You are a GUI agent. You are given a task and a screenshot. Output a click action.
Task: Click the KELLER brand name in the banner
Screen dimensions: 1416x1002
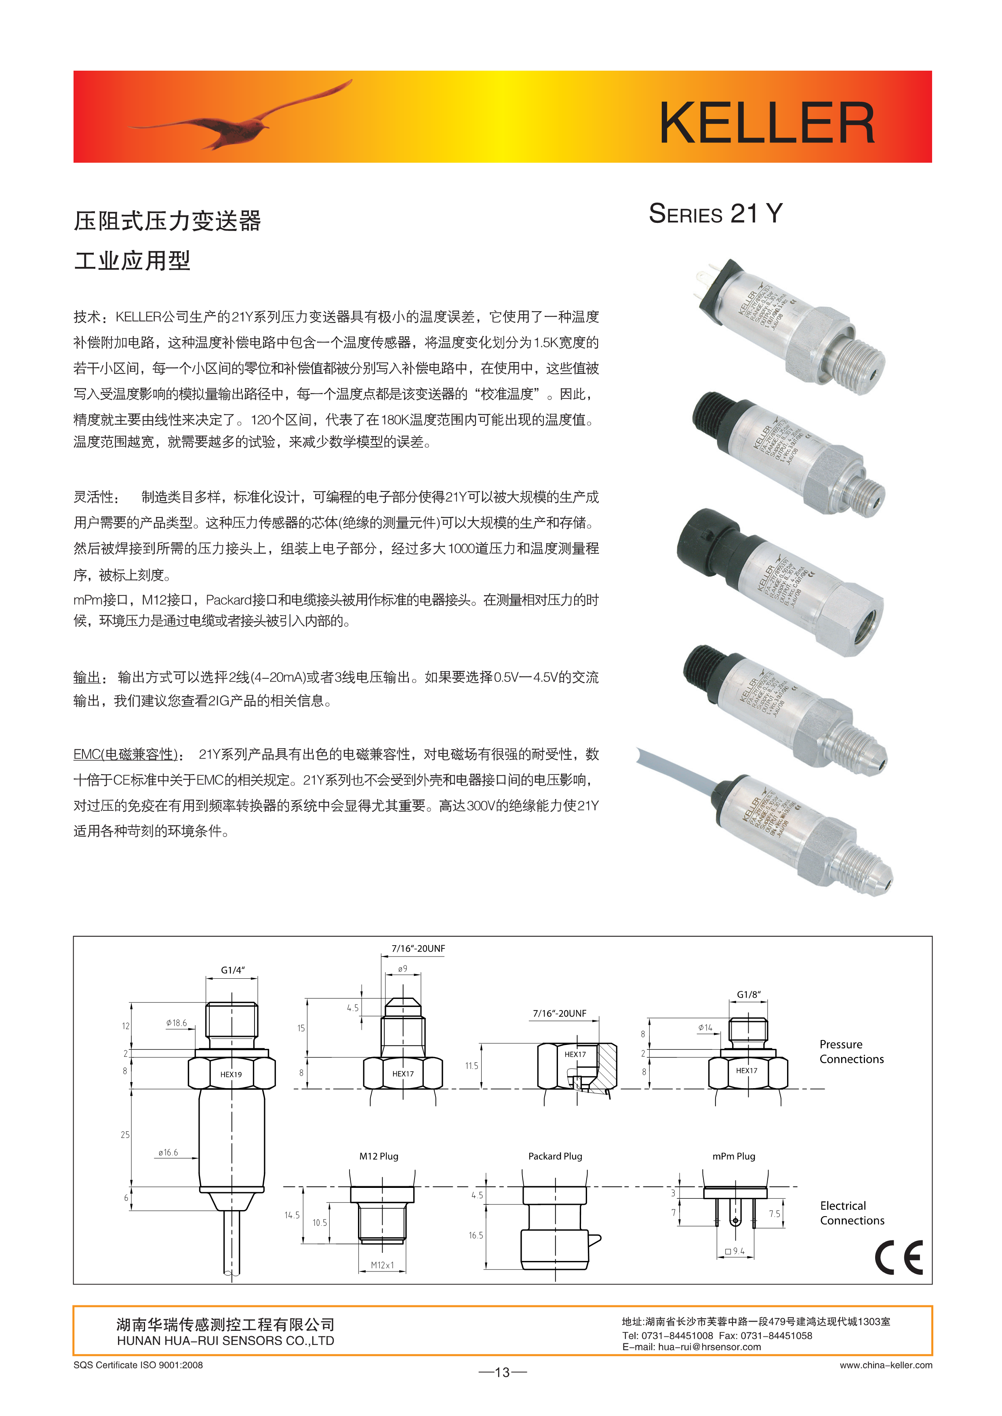coord(767,123)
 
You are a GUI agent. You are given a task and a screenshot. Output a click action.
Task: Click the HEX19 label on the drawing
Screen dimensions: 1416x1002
coord(231,1074)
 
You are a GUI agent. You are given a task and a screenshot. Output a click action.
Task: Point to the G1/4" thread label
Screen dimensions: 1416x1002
coord(233,970)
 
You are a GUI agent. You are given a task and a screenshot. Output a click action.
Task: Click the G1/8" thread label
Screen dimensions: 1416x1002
coord(748,994)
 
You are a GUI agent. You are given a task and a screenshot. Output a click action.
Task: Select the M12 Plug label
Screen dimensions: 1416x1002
coord(379,1156)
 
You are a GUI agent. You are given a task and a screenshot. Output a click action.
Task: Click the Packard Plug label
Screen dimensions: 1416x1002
coord(555,1156)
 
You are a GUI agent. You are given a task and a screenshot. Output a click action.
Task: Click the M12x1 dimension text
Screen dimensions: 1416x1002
coord(382,1265)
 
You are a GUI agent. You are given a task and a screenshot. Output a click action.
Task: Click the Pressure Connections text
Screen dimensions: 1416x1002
coord(851,1051)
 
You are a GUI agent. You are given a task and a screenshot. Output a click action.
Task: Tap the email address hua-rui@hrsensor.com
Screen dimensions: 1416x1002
coord(709,1347)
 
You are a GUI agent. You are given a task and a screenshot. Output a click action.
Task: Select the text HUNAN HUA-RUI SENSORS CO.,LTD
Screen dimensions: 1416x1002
coord(225,1341)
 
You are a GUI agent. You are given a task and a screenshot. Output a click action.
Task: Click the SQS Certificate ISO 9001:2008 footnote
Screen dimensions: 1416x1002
coord(138,1365)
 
